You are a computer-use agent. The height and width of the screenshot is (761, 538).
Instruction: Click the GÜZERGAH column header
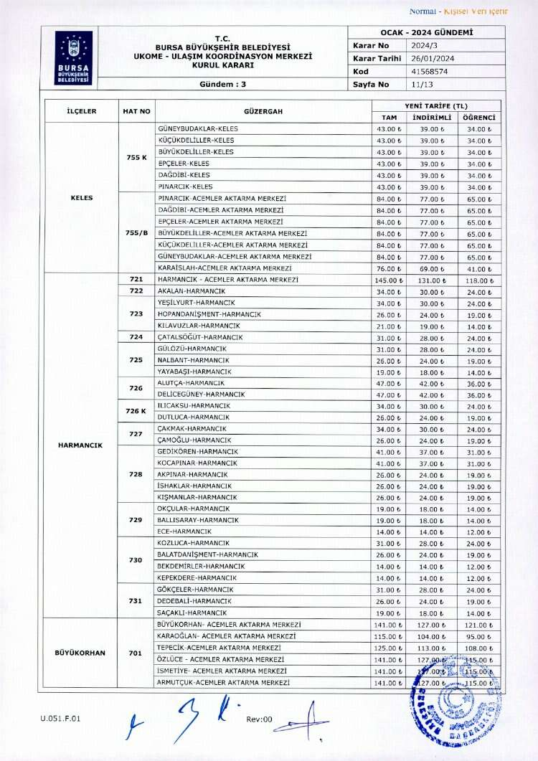263,112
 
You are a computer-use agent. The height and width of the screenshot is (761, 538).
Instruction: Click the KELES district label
82,197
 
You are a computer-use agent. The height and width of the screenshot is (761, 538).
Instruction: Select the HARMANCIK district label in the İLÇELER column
80,445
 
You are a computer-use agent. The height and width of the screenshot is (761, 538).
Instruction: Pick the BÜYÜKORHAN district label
80,653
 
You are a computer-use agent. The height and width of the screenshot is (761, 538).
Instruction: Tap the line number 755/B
136,232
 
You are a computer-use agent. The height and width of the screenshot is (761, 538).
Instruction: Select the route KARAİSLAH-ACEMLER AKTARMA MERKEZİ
220,268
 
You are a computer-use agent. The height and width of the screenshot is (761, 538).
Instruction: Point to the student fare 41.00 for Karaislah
478,268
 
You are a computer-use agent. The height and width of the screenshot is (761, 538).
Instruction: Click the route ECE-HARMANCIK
184,531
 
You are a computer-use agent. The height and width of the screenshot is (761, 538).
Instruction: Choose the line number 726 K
136,411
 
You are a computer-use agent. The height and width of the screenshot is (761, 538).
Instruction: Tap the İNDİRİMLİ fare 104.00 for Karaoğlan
433,636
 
